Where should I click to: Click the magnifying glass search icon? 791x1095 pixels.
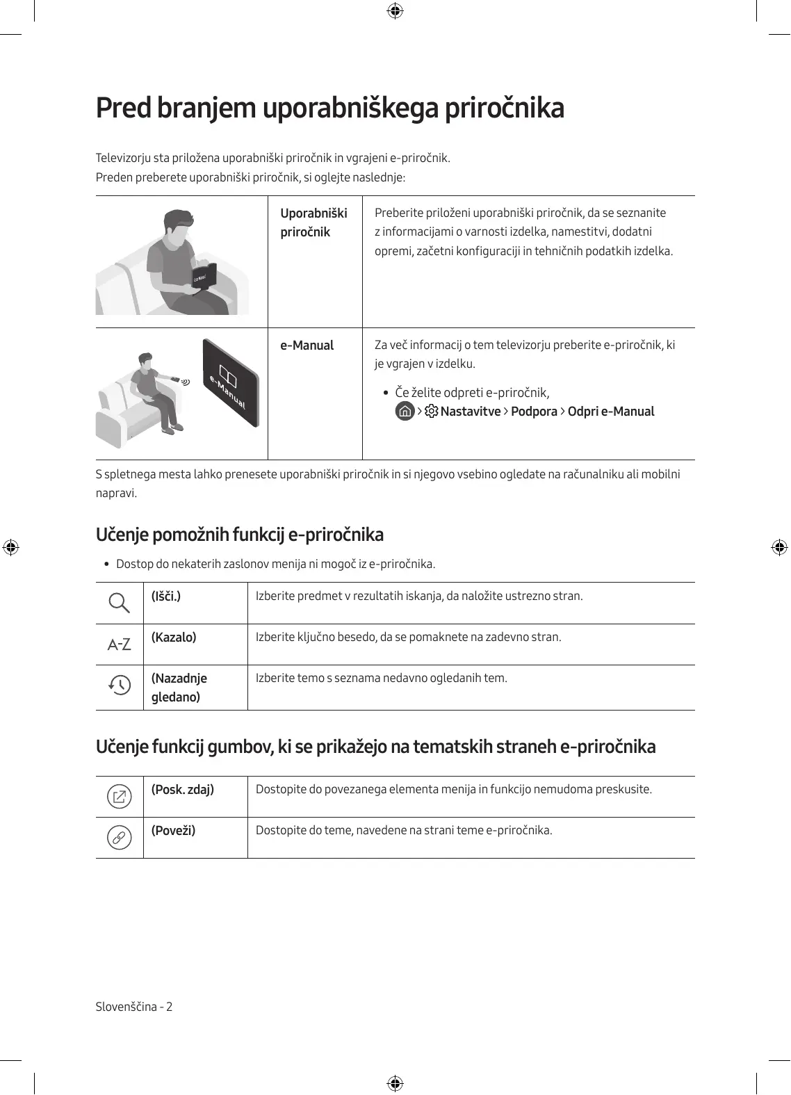(120, 603)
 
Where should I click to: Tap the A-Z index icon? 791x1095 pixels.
(120, 644)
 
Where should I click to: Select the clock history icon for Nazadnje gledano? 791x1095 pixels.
(120, 686)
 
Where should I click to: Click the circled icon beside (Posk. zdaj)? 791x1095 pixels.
(120, 796)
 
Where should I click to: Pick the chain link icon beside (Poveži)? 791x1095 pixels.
(120, 838)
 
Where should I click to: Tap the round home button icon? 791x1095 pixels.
(405, 411)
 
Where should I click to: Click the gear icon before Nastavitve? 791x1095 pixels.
(432, 411)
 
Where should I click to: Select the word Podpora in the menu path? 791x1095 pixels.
(534, 411)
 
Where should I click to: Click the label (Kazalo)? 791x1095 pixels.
(174, 637)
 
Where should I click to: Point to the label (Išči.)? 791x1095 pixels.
(166, 596)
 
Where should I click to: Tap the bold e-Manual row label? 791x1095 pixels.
(307, 345)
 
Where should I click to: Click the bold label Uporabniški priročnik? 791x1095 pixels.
(313, 222)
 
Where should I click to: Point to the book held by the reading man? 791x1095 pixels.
(204, 277)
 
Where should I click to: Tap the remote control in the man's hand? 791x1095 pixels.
(175, 380)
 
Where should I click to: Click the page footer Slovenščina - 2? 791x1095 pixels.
(134, 1006)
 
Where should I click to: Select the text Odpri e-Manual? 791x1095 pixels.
(610, 411)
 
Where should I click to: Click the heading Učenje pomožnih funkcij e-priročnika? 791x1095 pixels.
(239, 535)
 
